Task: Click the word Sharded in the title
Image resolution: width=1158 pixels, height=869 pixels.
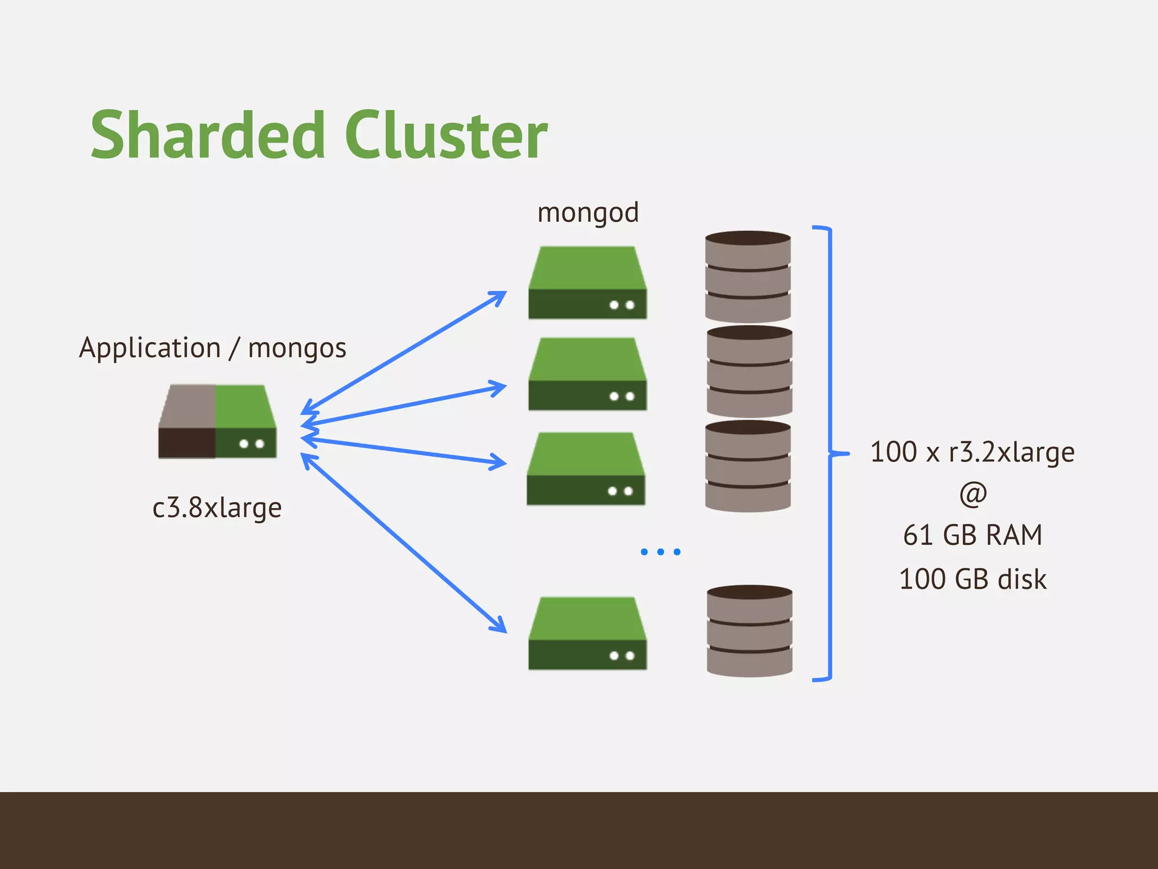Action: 207,136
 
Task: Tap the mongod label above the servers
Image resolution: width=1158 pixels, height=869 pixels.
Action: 587,213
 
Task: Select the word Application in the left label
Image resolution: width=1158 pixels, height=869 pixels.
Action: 150,347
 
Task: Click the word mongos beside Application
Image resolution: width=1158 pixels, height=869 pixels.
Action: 297,349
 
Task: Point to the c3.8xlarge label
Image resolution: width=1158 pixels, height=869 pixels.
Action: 217,507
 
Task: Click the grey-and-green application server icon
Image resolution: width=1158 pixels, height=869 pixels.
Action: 217,421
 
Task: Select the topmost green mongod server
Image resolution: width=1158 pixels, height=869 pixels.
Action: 587,283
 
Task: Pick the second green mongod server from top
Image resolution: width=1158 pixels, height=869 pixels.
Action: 587,374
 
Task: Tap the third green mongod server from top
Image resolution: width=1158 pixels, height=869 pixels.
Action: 586,468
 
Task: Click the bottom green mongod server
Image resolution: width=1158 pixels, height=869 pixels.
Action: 587,633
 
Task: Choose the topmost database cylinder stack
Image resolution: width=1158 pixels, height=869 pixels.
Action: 747,277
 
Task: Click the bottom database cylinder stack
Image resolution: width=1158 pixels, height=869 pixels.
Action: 749,631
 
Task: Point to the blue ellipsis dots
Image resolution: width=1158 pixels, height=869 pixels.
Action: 660,552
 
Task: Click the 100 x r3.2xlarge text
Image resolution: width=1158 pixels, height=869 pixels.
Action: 972,452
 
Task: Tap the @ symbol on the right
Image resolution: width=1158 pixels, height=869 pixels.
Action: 973,494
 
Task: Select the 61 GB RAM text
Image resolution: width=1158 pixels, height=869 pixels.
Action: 973,535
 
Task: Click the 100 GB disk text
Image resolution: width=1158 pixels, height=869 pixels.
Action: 973,579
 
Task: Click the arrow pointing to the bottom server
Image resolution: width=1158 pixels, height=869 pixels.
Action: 404,543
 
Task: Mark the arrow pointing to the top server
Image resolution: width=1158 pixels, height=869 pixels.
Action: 404,352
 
